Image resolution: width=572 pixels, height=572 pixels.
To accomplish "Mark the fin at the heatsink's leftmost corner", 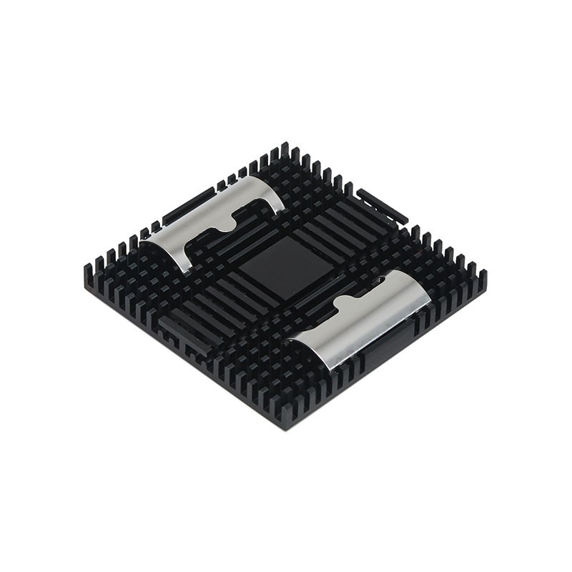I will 89,270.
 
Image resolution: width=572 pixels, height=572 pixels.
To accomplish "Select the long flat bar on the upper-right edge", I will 382,205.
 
